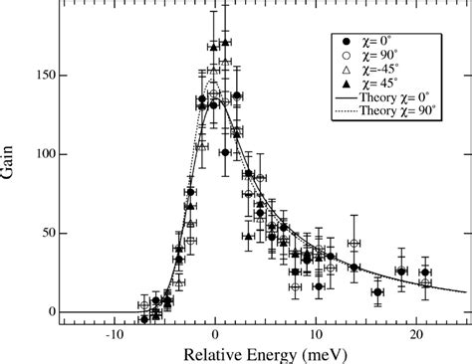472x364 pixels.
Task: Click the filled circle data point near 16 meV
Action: point(377,292)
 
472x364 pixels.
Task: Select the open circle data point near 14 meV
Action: point(354,243)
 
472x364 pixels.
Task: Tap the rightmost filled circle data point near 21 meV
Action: point(425,272)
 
